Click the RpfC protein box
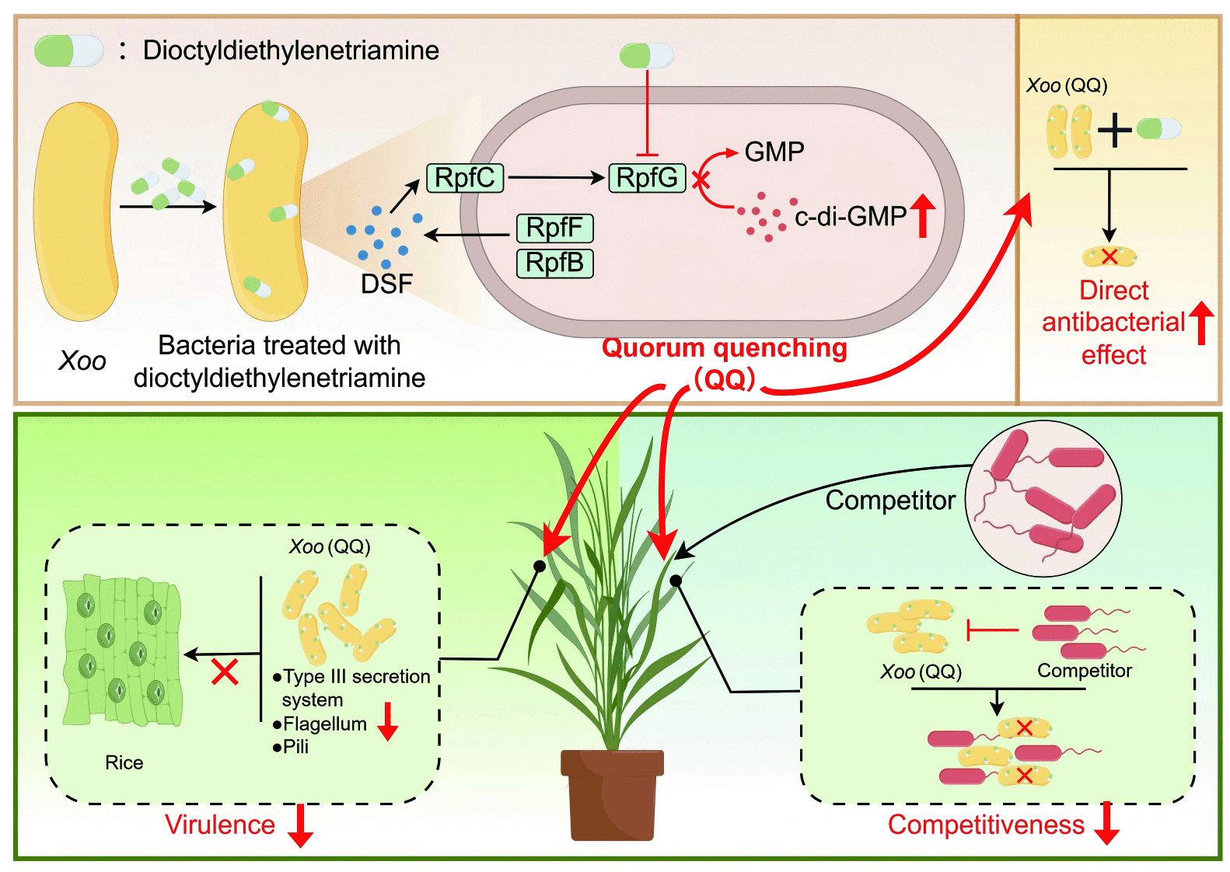coord(465,178)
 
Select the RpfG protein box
coord(648,178)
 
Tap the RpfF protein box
coord(554,228)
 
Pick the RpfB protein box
coord(554,263)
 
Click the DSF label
coord(386,284)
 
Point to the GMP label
coord(774,152)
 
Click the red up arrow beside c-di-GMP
coord(923,218)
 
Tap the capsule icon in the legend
coord(68,51)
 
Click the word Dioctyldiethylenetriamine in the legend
coord(291,51)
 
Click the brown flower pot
coord(612,794)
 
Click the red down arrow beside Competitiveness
coord(1106,823)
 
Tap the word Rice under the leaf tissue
coord(124,762)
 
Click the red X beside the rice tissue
coord(225,672)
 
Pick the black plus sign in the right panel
coord(1115,130)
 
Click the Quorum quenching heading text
coord(725,348)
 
